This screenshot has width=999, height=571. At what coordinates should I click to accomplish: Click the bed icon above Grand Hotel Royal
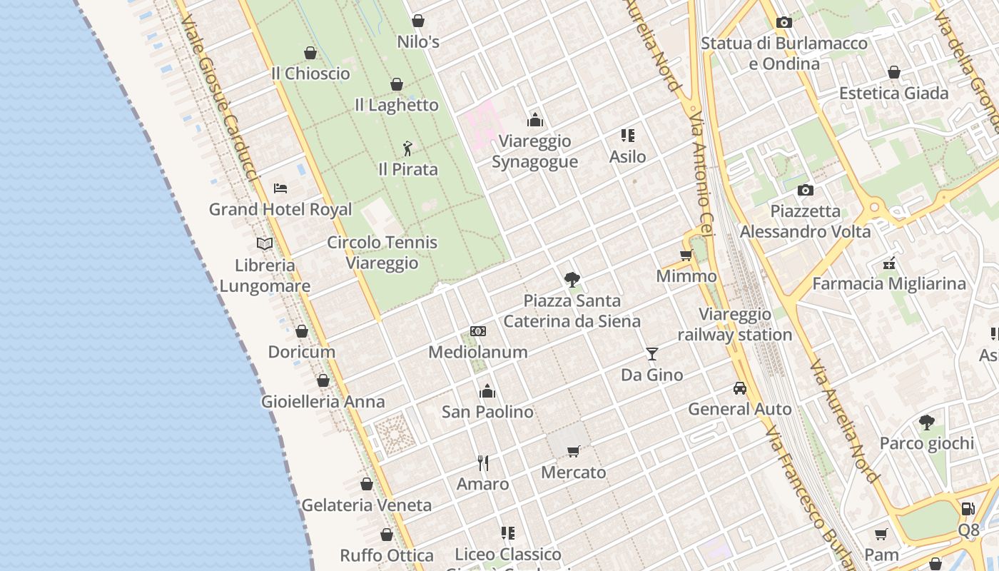[280, 188]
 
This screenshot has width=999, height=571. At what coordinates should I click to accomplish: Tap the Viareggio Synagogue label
[534, 151]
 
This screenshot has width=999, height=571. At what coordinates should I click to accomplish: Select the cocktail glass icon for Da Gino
[651, 353]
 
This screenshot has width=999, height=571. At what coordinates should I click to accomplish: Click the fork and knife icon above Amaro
[483, 463]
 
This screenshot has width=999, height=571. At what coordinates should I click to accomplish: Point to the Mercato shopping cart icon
[573, 451]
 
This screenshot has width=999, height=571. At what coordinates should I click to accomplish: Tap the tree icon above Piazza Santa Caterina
[572, 279]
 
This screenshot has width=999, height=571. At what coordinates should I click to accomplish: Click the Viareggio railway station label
[735, 324]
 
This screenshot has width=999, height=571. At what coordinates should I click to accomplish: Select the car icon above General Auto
[740, 388]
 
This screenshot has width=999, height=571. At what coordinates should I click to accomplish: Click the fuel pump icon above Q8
[968, 509]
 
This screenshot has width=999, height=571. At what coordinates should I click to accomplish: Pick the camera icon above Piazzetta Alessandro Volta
[806, 190]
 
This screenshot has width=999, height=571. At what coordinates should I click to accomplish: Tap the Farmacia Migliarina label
[889, 283]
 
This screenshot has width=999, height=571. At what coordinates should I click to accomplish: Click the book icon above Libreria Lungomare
[265, 243]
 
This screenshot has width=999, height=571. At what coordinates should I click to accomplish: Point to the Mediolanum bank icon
[478, 331]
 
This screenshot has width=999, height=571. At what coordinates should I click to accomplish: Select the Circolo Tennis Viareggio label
[382, 253]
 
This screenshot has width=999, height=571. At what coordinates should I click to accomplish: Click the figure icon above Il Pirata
[407, 148]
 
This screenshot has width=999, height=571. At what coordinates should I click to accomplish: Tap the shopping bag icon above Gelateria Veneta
[367, 485]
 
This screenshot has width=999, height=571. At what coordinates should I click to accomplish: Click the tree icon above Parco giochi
[927, 423]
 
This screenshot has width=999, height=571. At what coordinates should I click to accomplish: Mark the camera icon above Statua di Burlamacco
[784, 22]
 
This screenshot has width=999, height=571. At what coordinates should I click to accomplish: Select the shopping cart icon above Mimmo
[686, 255]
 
